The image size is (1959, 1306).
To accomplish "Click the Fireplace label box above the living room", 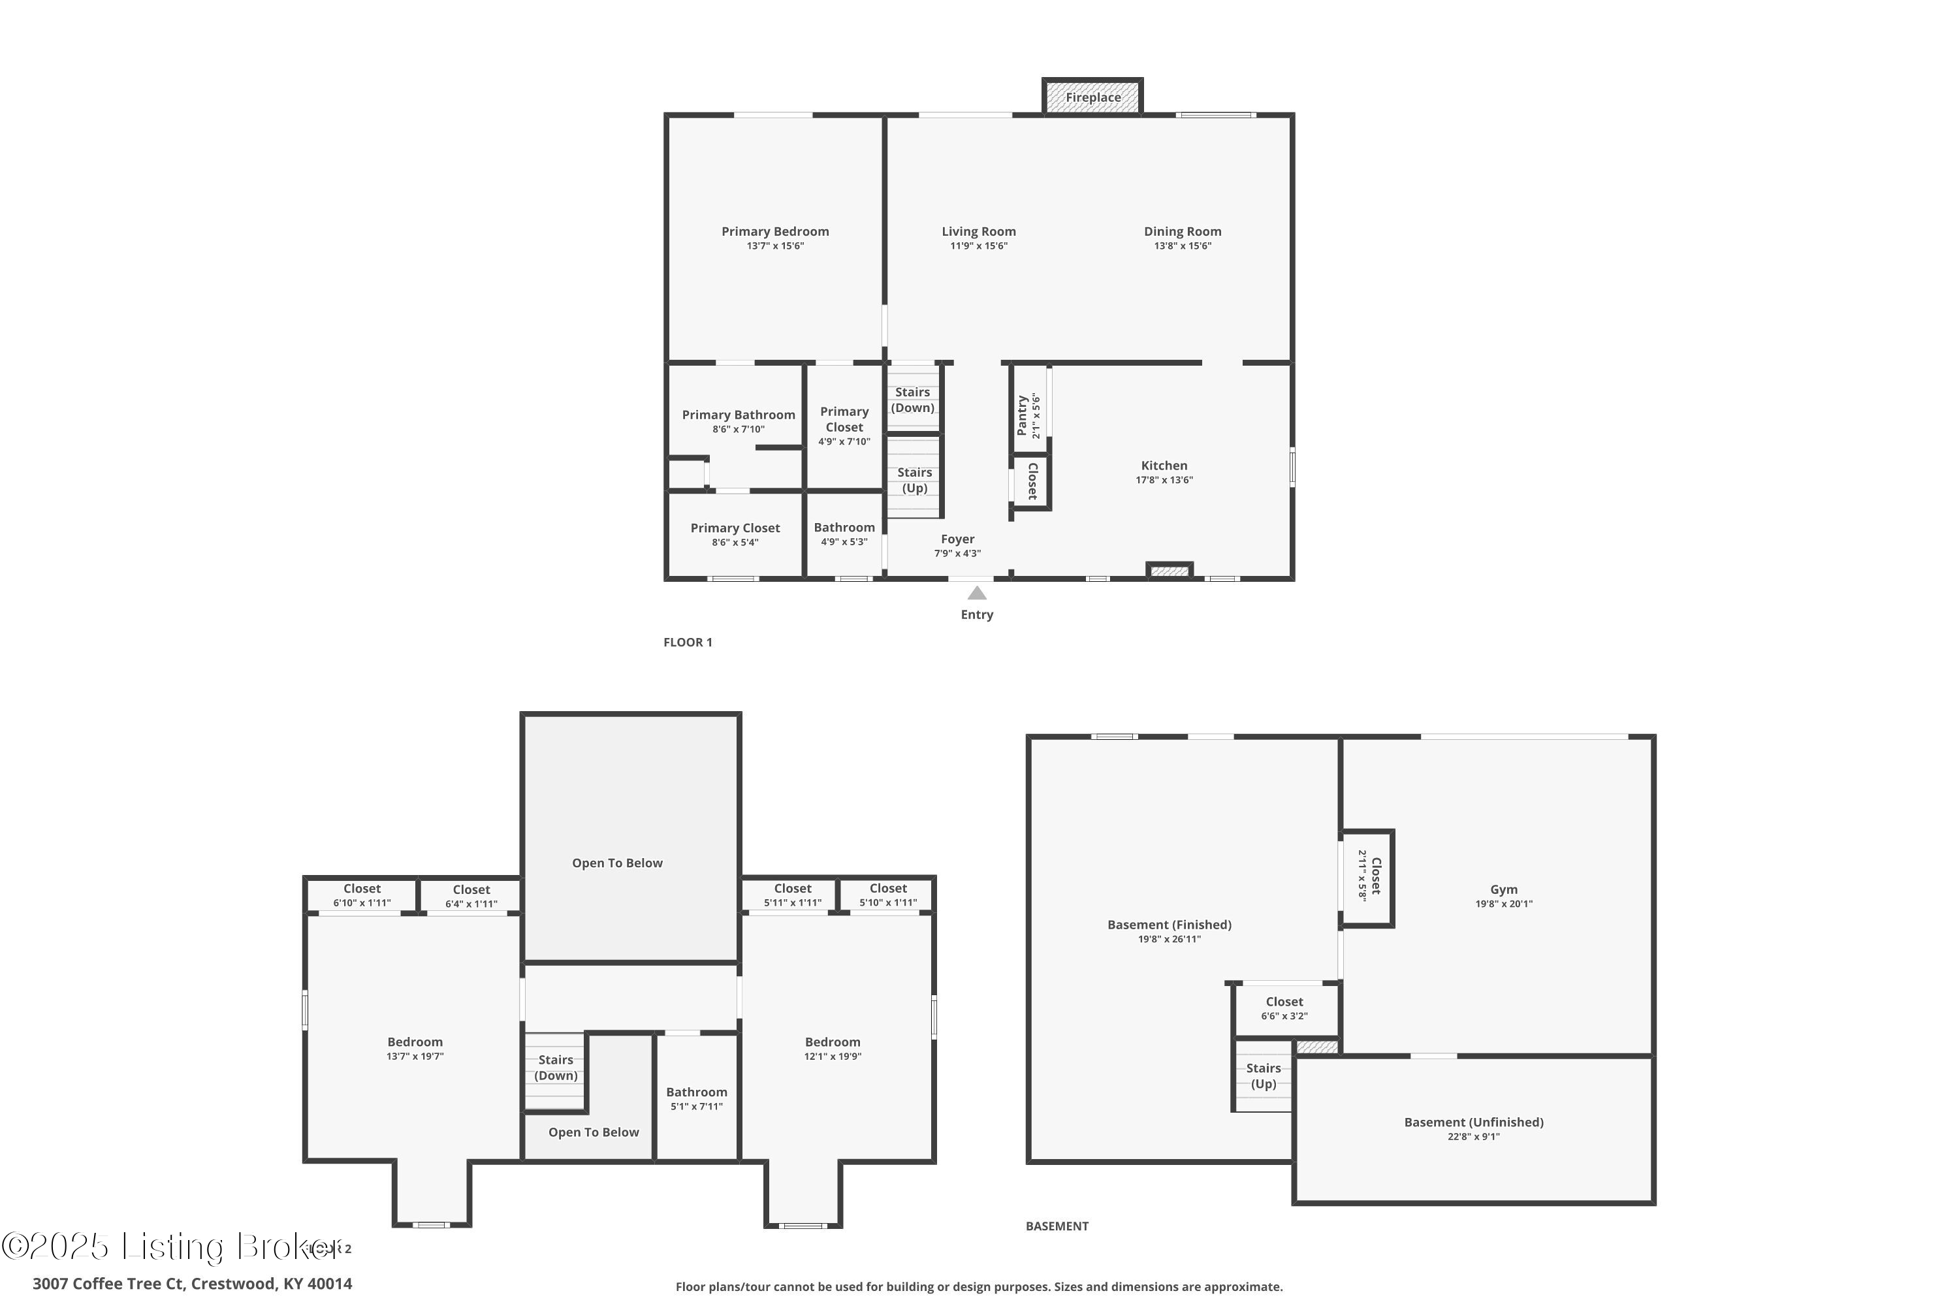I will (x=1092, y=97).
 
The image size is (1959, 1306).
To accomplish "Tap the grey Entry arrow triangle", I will (x=976, y=593).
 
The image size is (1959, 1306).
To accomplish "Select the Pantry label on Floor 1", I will (x=1023, y=415).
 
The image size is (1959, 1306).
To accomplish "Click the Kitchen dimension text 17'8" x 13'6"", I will (x=1164, y=480).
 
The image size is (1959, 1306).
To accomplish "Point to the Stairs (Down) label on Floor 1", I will (x=912, y=400).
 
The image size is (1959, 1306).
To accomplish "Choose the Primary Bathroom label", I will (x=738, y=415).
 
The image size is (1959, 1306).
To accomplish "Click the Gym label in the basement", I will (x=1503, y=889).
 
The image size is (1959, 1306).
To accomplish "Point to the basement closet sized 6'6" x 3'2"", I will (x=1284, y=1008).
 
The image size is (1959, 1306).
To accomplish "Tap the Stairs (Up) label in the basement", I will (x=1263, y=1076).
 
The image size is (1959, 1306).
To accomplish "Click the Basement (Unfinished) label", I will (x=1473, y=1122).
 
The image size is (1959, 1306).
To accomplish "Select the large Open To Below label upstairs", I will (x=617, y=863).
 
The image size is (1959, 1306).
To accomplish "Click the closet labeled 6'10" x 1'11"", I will (x=362, y=895).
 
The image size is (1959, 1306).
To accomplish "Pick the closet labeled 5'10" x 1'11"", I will (x=888, y=895).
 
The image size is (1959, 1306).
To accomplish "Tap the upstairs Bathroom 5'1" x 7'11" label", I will (x=696, y=1098).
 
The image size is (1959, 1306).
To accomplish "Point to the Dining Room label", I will (x=1182, y=232).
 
